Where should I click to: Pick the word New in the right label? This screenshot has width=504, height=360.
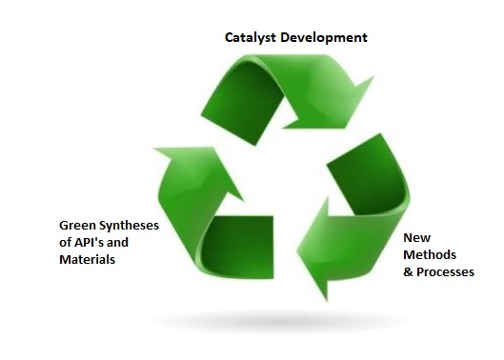(416, 237)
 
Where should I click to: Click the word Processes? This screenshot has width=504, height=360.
(445, 272)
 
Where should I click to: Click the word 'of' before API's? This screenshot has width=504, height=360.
(66, 242)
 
